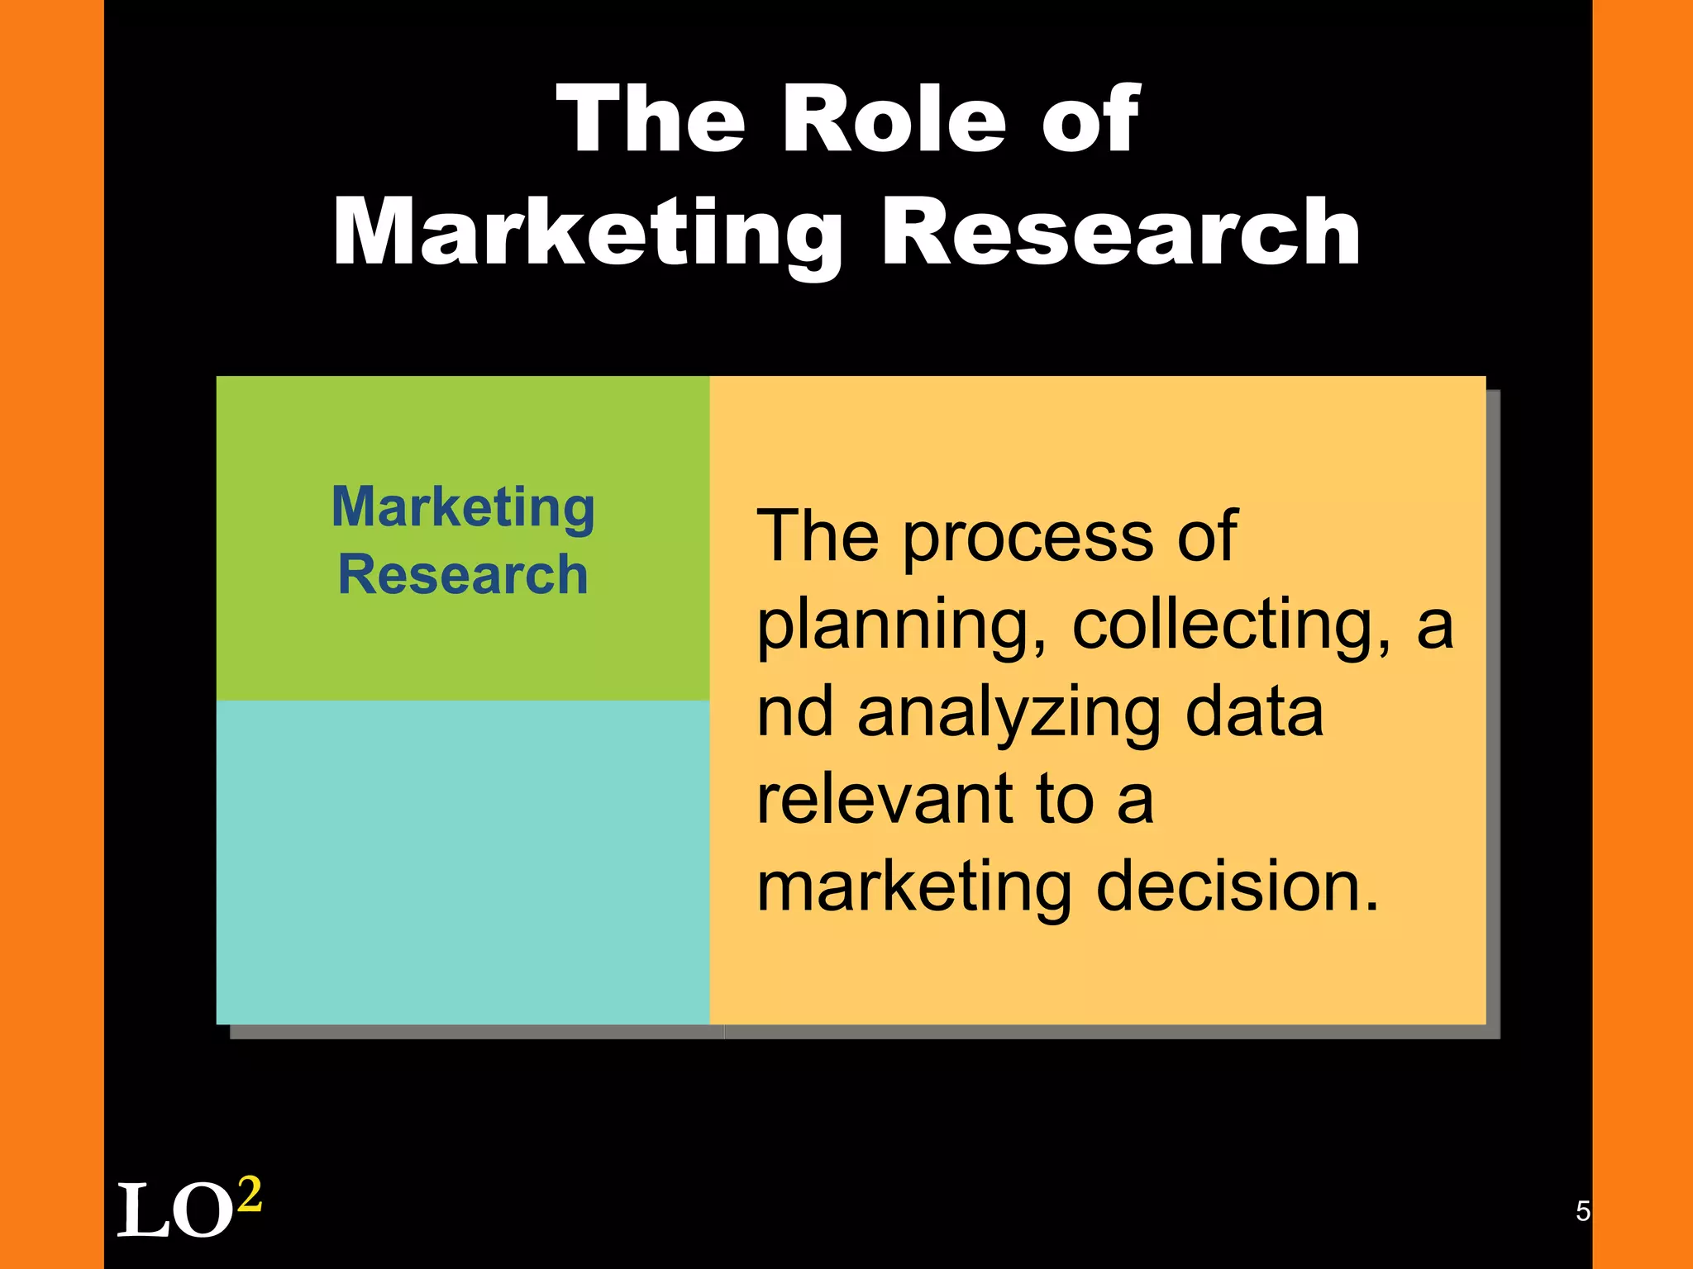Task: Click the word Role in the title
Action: pyautogui.click(x=894, y=120)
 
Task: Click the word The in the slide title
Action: pyautogui.click(x=651, y=120)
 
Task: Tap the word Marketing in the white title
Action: pyautogui.click(x=588, y=234)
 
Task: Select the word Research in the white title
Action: pyautogui.click(x=1120, y=234)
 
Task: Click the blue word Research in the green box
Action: pyautogui.click(x=463, y=574)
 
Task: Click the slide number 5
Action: pyautogui.click(x=1582, y=1211)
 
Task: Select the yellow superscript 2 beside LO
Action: pyautogui.click(x=249, y=1194)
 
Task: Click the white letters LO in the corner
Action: pyautogui.click(x=174, y=1211)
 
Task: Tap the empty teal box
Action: pyautogui.click(x=463, y=862)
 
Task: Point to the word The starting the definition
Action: pyautogui.click(x=818, y=537)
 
